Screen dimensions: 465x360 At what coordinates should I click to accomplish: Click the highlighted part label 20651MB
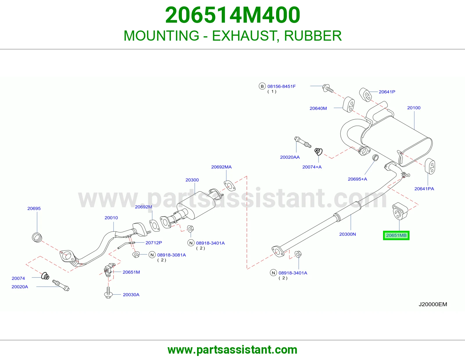396,235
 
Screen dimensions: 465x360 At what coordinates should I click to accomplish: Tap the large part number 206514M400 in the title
233,15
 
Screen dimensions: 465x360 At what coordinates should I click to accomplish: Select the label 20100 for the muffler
414,108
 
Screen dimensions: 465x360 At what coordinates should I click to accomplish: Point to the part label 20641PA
424,189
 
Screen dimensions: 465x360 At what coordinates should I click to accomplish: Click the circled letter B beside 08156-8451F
262,86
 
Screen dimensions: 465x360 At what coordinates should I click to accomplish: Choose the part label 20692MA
221,167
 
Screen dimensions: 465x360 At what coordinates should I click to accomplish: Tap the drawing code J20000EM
433,304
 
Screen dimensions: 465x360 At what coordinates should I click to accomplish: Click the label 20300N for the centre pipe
348,234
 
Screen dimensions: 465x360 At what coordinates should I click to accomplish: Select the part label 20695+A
357,179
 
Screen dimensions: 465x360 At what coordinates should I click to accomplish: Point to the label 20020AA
290,157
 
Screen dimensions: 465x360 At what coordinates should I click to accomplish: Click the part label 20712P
154,243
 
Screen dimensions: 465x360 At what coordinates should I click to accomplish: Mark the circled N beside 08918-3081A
152,255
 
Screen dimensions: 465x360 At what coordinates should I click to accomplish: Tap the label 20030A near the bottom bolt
131,295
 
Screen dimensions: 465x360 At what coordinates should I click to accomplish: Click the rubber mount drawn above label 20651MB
400,211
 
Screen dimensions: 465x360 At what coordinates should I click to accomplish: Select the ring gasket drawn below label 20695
37,237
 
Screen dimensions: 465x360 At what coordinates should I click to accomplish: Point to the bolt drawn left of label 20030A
108,292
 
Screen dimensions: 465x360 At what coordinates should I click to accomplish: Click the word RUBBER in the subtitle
313,36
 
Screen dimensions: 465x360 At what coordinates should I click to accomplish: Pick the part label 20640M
318,108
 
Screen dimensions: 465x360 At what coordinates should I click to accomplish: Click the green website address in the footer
233,350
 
